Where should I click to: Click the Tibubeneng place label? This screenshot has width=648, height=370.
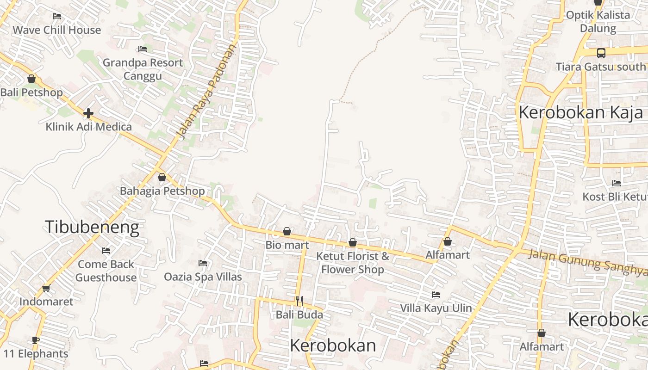92,227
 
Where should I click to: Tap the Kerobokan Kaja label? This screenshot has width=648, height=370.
580,112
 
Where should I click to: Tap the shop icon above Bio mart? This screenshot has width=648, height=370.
287,231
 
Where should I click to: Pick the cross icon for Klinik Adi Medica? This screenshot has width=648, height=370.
88,113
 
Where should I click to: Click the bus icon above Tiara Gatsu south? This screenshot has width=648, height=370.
601,53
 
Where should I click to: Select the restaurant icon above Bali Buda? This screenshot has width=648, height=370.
299,301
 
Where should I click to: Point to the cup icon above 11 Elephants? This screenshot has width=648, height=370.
35,340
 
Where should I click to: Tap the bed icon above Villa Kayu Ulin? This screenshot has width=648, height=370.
436,294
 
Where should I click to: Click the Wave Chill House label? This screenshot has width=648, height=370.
56,30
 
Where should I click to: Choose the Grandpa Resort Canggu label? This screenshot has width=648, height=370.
143,69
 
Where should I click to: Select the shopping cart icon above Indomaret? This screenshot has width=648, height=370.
46,288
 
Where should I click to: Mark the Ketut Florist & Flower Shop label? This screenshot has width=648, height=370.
352,263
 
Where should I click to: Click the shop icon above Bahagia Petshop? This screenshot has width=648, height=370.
162,177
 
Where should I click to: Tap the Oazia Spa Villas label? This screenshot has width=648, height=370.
203,277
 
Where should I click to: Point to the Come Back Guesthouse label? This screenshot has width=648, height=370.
106,271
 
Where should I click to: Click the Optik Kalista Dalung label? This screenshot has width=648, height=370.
598,21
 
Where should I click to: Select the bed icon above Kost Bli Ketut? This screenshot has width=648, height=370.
617,183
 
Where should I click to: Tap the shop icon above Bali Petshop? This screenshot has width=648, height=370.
31,79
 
